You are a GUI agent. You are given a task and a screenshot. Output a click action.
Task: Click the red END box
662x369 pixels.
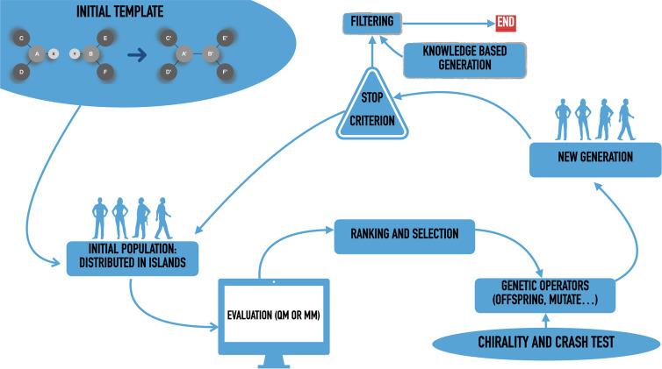tap(507, 22)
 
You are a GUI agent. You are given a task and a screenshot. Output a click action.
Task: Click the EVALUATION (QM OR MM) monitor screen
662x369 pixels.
tap(273, 311)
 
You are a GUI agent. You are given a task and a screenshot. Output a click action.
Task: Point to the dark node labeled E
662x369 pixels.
tap(106, 39)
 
